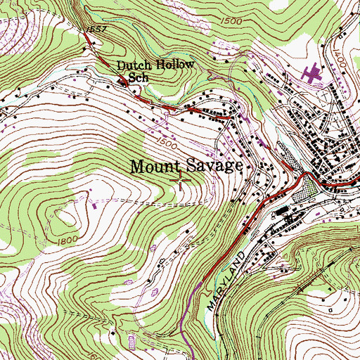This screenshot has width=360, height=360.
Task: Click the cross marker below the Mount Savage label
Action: [180, 181]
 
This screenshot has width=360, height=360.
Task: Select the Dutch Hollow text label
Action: [155, 67]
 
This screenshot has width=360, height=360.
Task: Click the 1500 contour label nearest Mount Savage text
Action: [167, 143]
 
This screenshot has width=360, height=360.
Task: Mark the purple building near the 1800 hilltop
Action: [96, 206]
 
